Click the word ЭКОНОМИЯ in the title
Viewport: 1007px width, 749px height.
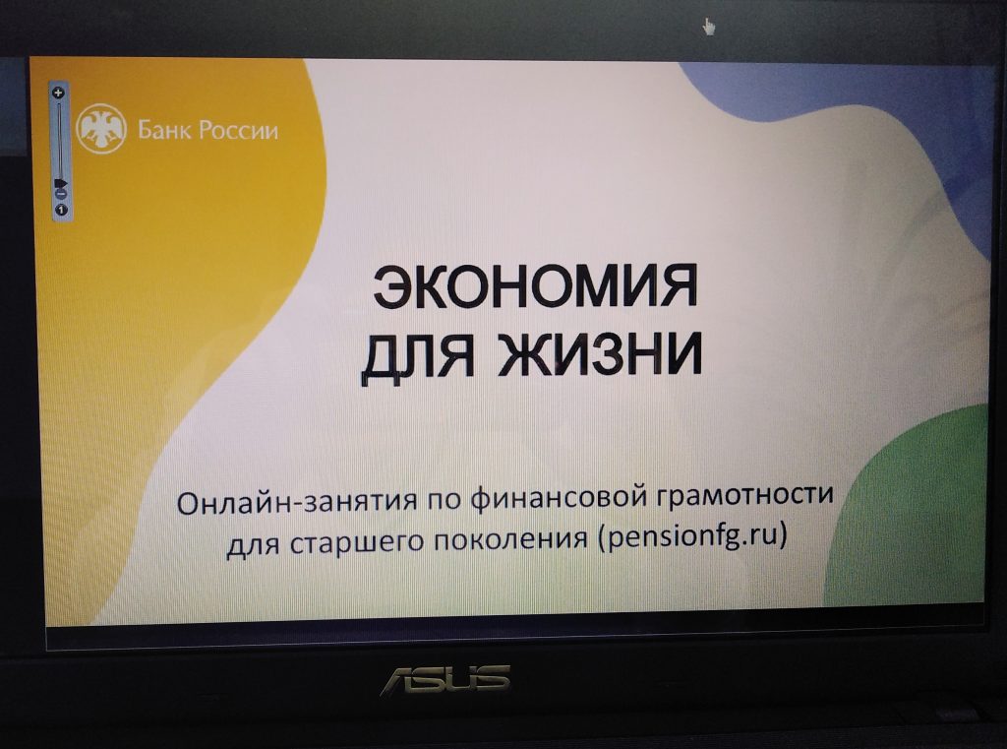pyautogui.click(x=535, y=286)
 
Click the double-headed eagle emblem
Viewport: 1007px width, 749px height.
pyautogui.click(x=101, y=129)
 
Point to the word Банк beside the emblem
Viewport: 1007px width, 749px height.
pyautogui.click(x=164, y=131)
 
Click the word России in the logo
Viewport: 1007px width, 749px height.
pyautogui.click(x=238, y=131)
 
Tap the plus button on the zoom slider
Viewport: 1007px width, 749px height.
pyautogui.click(x=59, y=93)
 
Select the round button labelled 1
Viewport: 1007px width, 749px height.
pyautogui.click(x=62, y=210)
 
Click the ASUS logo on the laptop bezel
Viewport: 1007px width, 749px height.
pyautogui.click(x=446, y=680)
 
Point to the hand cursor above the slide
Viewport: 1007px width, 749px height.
pyautogui.click(x=708, y=27)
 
